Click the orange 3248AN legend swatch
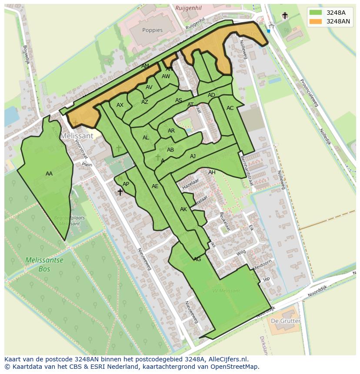point(317,21)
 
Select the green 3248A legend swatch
point(317,13)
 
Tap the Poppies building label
point(152,30)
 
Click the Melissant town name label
point(77,136)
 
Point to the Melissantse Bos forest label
point(44,265)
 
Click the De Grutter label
point(285,321)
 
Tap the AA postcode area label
point(49,174)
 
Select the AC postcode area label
point(230,108)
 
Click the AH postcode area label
point(212,172)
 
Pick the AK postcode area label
point(183,209)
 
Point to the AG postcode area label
point(197,259)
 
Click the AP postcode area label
point(126,184)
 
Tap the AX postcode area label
point(120,105)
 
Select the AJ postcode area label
point(193,156)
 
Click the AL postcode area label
point(146,138)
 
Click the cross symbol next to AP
point(120,192)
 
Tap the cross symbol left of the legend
point(285,16)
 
